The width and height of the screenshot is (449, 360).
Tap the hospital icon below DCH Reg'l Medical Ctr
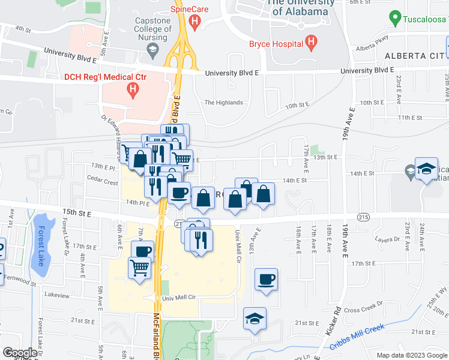133,90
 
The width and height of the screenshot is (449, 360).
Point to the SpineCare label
189,9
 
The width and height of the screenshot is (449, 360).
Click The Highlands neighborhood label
223,103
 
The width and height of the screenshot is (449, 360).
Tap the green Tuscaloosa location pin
395,17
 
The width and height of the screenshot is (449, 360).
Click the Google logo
20,353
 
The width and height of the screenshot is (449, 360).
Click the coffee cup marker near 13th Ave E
265,279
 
